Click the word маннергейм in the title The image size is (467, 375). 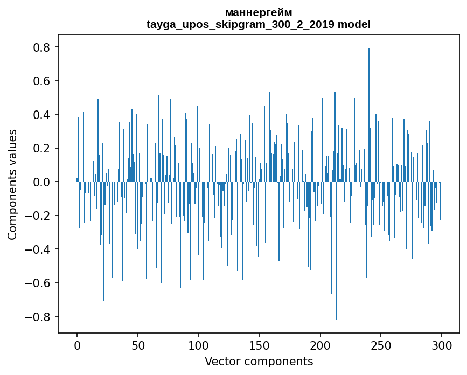(259, 12)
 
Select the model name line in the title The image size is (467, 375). (259, 24)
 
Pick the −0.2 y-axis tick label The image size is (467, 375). (38, 216)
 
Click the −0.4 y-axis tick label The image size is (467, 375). (38, 249)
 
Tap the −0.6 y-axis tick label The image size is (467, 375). (38, 283)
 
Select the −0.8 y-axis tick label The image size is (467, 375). (38, 316)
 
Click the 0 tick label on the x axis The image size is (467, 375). (77, 344)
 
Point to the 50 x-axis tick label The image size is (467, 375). (138, 344)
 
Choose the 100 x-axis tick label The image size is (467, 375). (199, 344)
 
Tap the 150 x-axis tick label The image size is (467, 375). (260, 344)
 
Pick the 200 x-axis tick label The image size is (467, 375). (320, 344)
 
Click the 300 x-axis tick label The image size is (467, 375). (442, 344)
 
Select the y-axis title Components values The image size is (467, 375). (12, 184)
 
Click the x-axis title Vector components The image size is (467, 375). (259, 361)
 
